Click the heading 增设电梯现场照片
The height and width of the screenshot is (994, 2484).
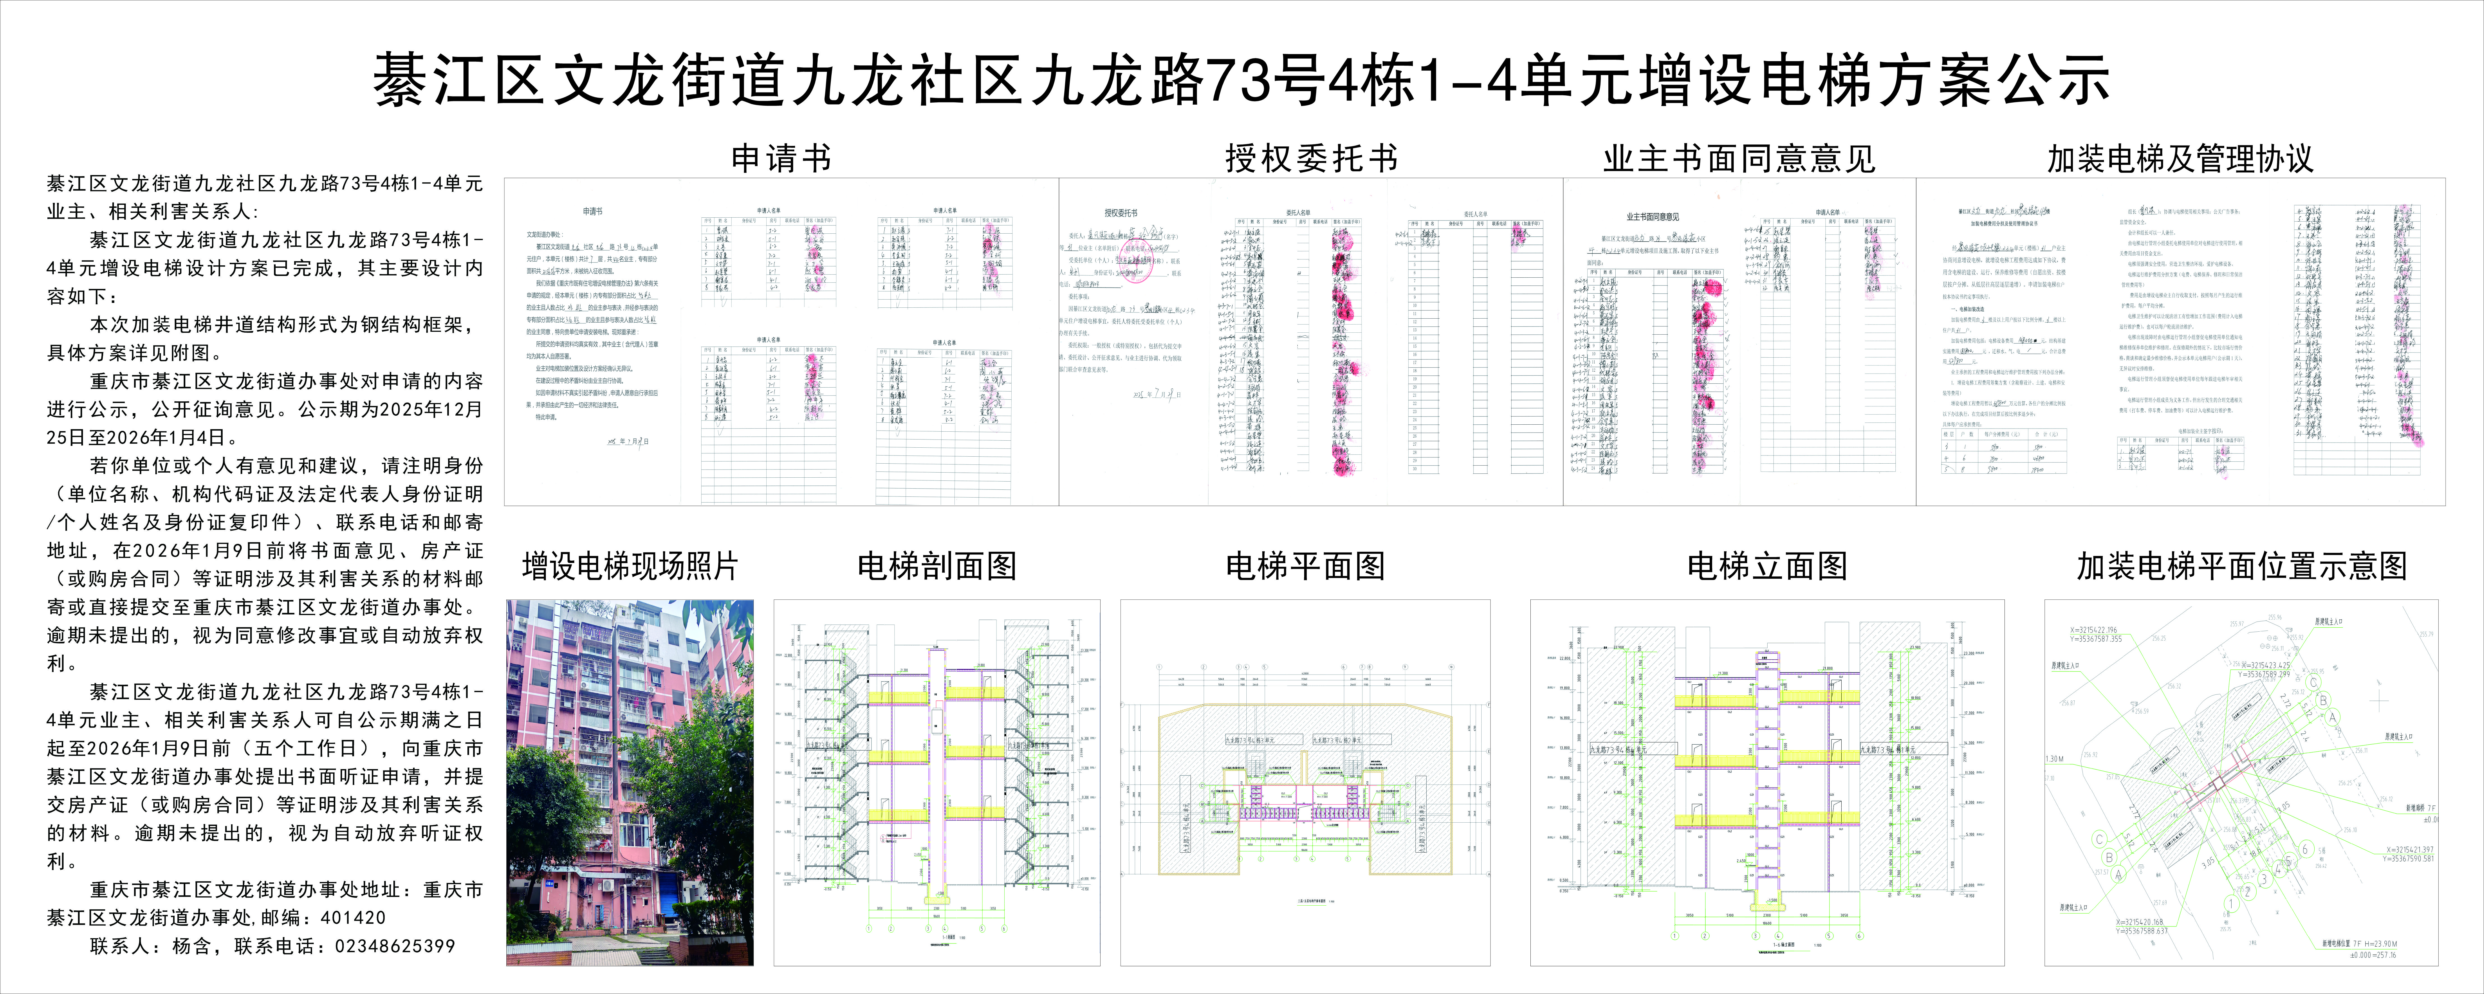click(630, 566)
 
